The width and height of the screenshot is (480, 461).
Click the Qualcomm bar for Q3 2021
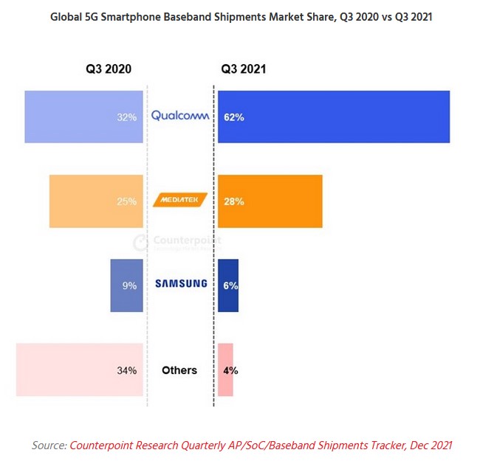pos(334,117)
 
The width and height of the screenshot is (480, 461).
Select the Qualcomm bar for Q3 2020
pos(83,117)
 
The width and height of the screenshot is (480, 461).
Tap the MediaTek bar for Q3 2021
pos(270,201)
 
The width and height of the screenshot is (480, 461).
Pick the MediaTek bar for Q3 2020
pos(96,201)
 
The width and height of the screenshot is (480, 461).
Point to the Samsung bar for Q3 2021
pos(228,285)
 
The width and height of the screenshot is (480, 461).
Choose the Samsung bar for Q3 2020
pos(126,285)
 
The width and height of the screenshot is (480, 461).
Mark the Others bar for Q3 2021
pos(225,370)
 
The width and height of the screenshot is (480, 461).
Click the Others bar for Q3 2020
pos(79,370)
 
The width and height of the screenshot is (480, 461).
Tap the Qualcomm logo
pos(180,116)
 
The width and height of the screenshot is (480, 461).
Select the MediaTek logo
pos(180,201)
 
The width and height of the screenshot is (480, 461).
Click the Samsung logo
pos(180,285)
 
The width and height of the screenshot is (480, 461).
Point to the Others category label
pos(179,370)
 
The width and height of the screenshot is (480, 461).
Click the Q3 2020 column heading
pos(109,69)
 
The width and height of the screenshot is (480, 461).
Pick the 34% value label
pos(128,370)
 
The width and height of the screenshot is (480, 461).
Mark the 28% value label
pos(235,201)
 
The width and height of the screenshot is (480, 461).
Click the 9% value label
pos(130,285)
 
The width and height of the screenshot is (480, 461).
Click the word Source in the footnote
pos(48,445)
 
